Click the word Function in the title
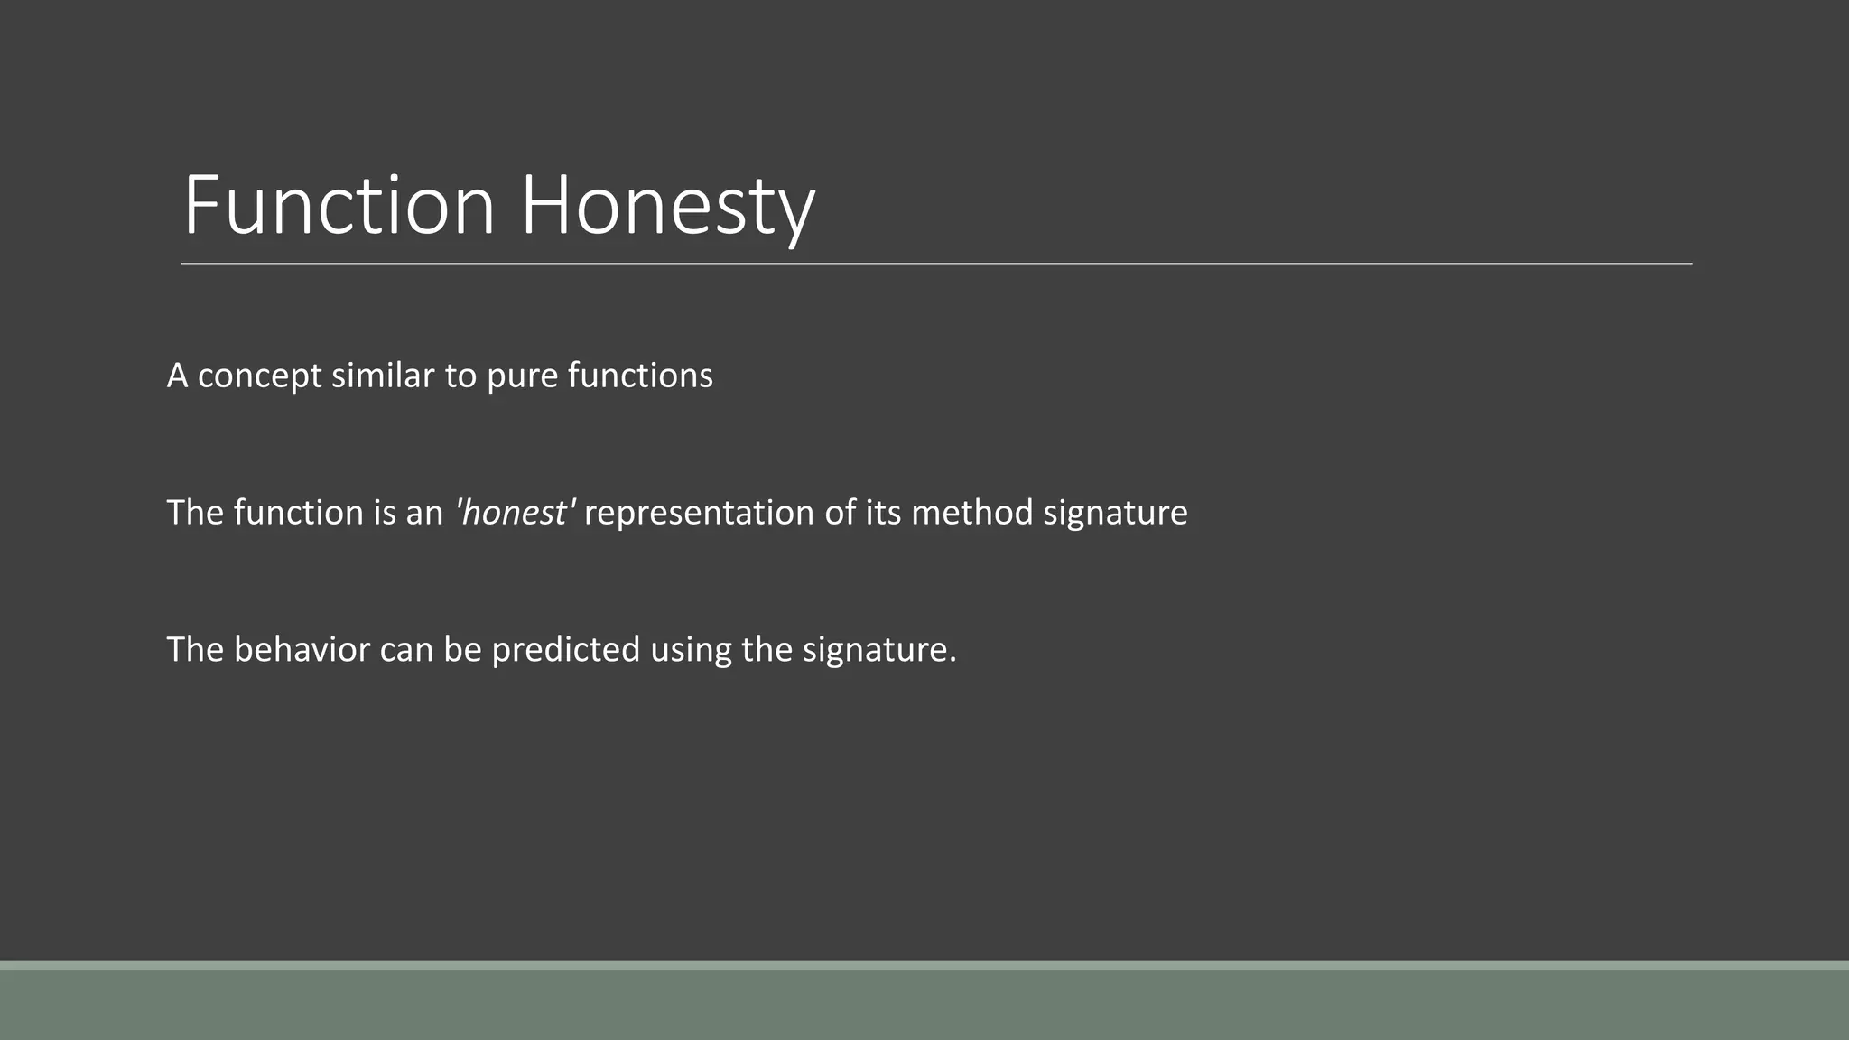pos(339,206)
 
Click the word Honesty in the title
pos(667,206)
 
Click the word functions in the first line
pos(640,376)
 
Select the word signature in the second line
pos(1115,514)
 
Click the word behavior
pos(302,650)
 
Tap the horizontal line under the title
pos(936,264)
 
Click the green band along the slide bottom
pos(924,1004)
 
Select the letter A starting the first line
pos(177,376)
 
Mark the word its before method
pos(883,513)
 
